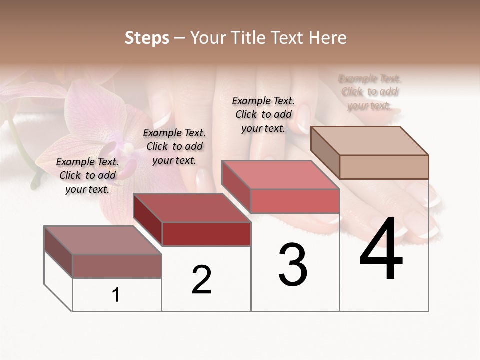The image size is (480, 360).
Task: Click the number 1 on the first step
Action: [x=116, y=295]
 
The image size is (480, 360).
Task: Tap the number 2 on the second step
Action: [x=201, y=280]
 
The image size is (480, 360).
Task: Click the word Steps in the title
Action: [x=147, y=38]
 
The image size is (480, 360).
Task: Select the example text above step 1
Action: [x=87, y=175]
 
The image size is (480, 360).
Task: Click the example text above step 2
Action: [x=174, y=146]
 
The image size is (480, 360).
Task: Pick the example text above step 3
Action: [x=263, y=114]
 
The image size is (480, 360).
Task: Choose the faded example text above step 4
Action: [x=370, y=92]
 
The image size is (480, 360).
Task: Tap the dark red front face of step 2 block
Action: [x=206, y=234]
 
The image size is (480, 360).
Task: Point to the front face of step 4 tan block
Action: [x=384, y=167]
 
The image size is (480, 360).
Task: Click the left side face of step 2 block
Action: [x=148, y=220]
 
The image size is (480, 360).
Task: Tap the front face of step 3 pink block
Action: [x=295, y=201]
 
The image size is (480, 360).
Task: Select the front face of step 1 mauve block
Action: [x=117, y=266]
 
